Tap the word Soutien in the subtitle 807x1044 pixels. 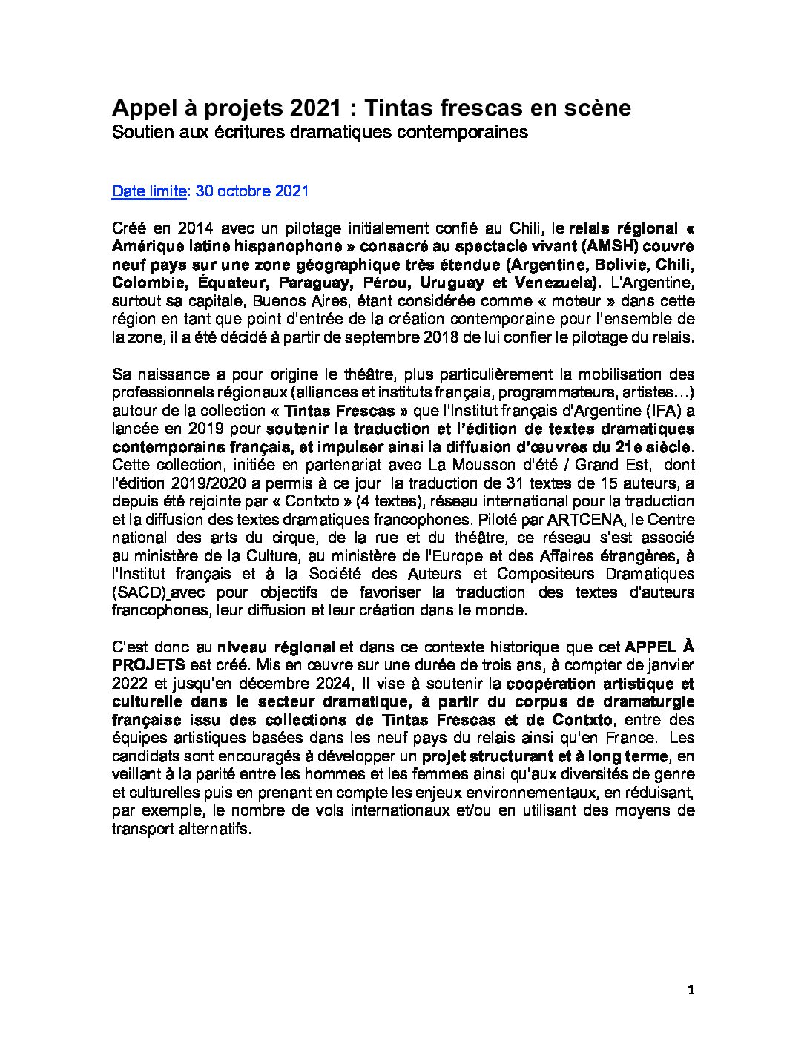[138, 133]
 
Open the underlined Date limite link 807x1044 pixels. [148, 191]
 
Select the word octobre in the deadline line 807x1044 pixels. [248, 191]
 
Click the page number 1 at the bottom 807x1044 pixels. [691, 990]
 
